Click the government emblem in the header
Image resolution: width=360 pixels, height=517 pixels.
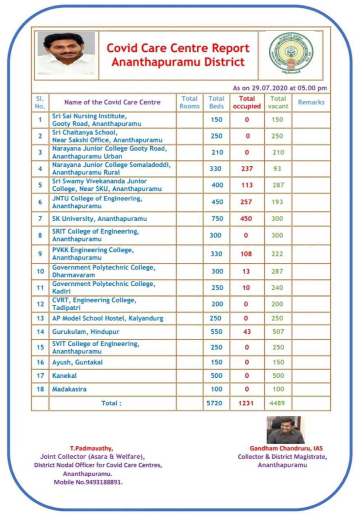(291, 53)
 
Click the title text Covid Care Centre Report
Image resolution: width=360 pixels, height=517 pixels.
(178, 48)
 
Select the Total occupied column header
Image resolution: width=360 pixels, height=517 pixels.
(247, 102)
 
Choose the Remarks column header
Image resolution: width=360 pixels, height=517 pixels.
(311, 102)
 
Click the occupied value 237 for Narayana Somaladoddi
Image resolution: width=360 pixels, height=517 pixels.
(247, 169)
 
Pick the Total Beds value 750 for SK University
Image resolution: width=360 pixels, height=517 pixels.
(216, 219)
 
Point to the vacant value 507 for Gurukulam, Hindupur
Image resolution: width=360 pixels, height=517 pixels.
(278, 332)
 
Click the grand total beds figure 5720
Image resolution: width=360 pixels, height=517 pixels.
(215, 403)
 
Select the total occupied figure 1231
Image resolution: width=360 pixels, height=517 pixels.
(246, 403)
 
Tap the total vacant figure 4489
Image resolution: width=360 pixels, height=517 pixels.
(277, 403)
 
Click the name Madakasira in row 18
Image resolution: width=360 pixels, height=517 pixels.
(69, 389)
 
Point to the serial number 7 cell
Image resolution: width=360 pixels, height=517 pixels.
(40, 219)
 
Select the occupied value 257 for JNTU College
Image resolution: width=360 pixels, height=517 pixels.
(246, 202)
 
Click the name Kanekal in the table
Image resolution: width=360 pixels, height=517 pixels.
(64, 376)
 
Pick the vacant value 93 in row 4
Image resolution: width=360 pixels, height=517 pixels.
(277, 169)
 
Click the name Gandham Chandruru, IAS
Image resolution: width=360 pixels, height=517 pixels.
(286, 449)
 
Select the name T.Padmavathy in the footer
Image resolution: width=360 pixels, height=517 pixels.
(91, 449)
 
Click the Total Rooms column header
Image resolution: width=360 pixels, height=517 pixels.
(189, 102)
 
